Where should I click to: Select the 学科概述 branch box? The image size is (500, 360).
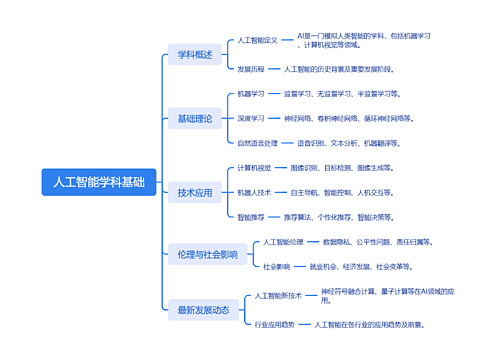(x=195, y=55)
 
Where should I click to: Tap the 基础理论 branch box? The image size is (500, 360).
(x=195, y=119)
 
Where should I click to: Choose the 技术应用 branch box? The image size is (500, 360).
(x=195, y=193)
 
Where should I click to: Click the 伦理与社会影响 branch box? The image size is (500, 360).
(x=207, y=255)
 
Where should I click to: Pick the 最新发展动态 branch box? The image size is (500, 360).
(x=203, y=310)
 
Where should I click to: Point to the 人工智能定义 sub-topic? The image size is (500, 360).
(x=257, y=41)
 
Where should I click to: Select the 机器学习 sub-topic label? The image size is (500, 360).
(x=251, y=93)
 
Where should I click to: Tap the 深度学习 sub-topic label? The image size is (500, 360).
(x=251, y=118)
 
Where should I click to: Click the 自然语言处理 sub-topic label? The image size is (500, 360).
(x=257, y=143)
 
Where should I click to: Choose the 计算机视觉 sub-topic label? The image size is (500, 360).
(x=254, y=167)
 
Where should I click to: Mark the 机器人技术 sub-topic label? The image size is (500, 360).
(x=254, y=192)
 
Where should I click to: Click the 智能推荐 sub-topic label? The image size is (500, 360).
(x=251, y=217)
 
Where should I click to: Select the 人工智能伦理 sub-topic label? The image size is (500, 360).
(x=283, y=242)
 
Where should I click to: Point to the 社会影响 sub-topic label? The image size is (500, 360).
(x=276, y=267)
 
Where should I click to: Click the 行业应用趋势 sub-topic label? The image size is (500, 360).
(x=275, y=325)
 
